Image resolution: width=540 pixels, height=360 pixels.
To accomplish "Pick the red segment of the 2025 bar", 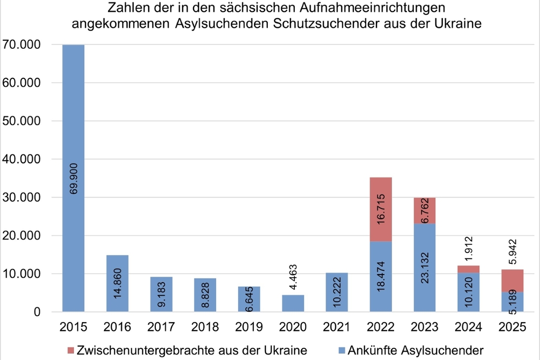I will point(512,281).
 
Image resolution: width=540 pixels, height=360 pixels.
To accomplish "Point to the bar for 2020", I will point(293,303).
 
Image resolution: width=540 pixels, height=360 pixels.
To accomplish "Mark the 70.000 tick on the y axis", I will point(23,44).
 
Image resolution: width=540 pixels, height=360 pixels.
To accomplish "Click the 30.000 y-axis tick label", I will point(23,197).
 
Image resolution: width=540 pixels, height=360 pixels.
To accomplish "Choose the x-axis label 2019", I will point(249,326).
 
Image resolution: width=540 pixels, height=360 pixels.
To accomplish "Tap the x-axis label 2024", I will point(468,326).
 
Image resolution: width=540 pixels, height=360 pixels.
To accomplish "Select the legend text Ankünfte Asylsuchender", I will point(416,351).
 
